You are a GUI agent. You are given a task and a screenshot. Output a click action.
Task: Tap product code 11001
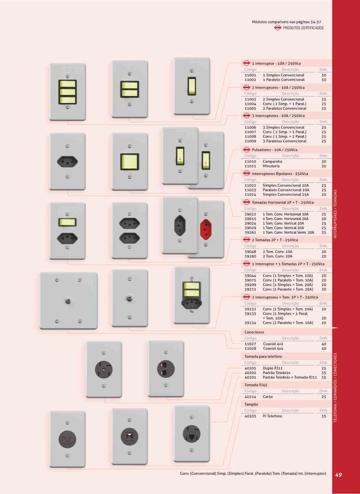(x=250, y=75)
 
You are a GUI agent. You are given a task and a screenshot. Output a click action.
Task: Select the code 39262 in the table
(x=250, y=233)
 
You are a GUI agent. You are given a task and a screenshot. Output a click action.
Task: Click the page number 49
(x=338, y=475)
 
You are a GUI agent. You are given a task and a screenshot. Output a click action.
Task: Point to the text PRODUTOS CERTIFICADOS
(x=303, y=28)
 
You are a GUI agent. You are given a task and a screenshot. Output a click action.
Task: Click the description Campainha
(x=272, y=162)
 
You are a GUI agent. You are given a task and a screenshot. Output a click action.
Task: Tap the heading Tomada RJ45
(x=256, y=385)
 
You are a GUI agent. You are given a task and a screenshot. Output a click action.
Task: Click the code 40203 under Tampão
(x=250, y=416)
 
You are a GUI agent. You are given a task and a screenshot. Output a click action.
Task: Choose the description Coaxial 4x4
(x=273, y=349)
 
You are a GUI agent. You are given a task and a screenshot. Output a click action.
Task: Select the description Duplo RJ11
(x=273, y=368)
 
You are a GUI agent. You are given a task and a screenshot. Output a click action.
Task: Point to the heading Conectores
(x=254, y=332)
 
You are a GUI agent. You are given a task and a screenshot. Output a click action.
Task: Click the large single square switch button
(x=130, y=162)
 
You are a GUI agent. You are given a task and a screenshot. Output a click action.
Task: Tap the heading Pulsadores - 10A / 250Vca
(x=274, y=150)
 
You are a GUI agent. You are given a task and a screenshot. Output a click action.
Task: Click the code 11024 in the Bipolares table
(x=250, y=195)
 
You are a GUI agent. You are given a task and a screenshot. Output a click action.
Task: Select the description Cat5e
(x=268, y=397)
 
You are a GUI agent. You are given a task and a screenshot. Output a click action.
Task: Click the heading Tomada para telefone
(x=263, y=356)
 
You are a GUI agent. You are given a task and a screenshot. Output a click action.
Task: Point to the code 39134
(x=250, y=323)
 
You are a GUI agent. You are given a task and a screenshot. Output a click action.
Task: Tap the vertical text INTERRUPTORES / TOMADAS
(x=335, y=214)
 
